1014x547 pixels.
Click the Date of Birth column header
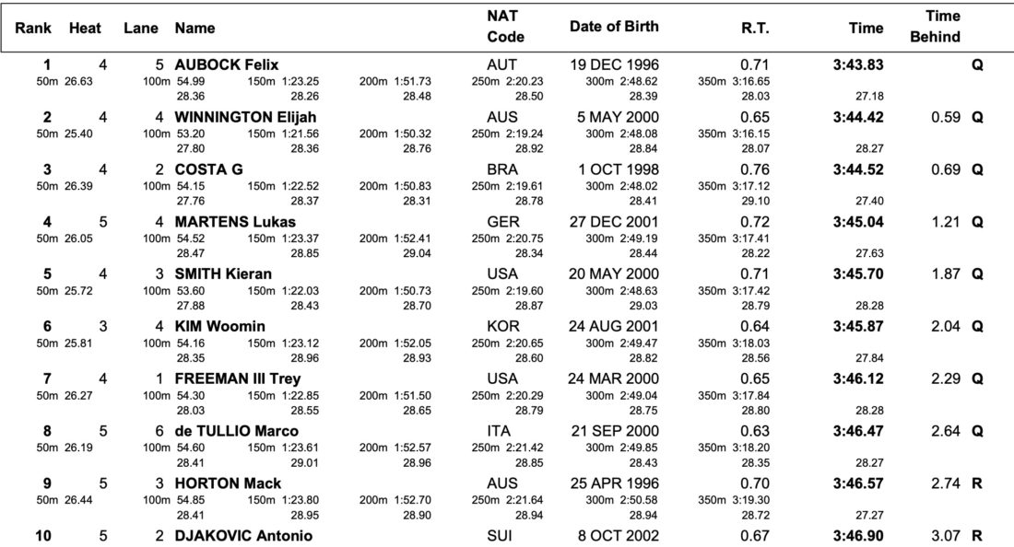tap(614, 27)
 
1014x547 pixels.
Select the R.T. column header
tap(755, 28)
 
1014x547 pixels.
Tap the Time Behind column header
tap(935, 27)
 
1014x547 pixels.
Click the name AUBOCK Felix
tap(227, 64)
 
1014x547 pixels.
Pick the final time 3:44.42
tap(857, 117)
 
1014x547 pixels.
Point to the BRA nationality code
tap(502, 169)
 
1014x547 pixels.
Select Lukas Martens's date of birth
tap(614, 222)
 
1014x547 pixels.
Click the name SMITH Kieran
tap(223, 273)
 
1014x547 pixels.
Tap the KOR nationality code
tap(502, 326)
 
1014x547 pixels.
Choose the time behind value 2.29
tap(946, 378)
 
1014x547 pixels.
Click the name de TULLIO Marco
tap(237, 431)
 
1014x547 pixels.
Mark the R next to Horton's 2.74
tap(976, 483)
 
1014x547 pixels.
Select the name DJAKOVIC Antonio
tap(243, 535)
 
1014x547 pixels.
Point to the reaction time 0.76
tap(755, 169)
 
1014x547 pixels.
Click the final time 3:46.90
tap(857, 535)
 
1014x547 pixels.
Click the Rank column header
tap(33, 28)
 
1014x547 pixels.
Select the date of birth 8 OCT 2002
tap(619, 535)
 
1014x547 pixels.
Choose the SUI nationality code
tap(500, 535)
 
